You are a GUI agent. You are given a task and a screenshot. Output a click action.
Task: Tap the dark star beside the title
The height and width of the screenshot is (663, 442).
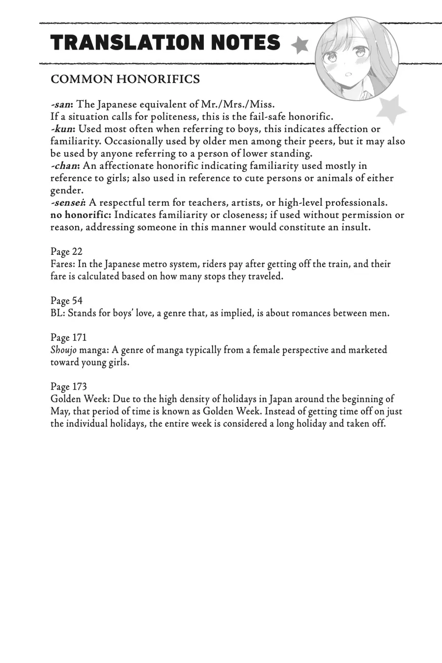pos(299,45)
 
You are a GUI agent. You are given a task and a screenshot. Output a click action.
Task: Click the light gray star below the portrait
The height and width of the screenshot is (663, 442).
pos(391,110)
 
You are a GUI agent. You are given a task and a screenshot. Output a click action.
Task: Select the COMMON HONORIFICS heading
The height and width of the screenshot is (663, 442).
pos(125,79)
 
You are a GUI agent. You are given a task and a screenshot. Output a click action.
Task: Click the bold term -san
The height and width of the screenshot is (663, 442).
pos(62,105)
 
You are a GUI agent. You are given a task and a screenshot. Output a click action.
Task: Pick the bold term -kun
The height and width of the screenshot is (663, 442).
pos(62,129)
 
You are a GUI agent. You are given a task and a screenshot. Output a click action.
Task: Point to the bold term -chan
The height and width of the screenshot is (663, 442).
pos(65,166)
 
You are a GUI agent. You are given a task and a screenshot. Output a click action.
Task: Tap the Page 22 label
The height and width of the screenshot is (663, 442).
pos(66,252)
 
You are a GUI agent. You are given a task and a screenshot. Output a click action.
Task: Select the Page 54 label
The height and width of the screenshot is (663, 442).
pos(66,301)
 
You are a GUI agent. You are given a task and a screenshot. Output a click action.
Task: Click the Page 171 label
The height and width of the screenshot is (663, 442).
pos(68,338)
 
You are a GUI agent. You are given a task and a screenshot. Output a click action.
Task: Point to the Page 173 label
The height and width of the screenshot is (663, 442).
pos(68,387)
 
